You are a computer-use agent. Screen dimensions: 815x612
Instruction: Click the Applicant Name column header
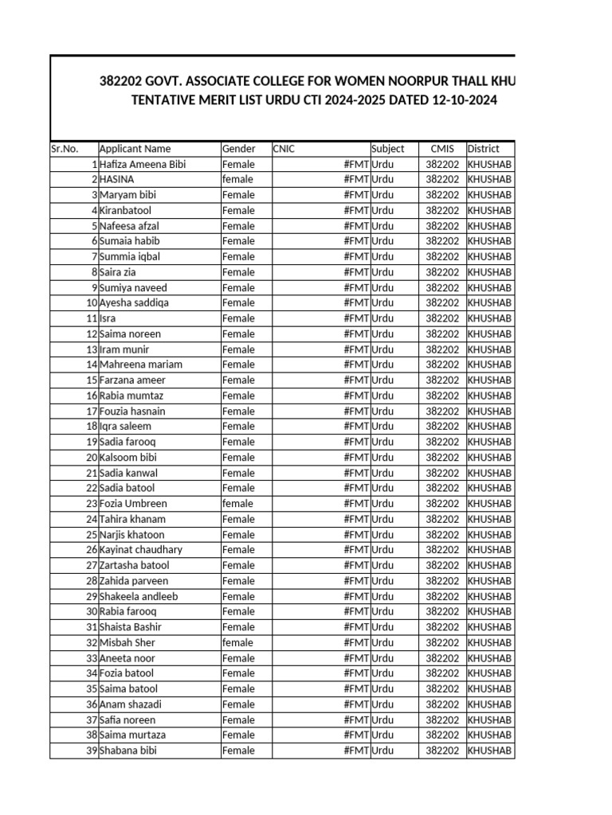click(135, 149)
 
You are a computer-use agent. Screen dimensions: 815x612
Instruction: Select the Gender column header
click(239, 149)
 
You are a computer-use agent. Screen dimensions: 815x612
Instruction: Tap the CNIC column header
click(284, 149)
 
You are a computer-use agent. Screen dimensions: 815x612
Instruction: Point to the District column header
click(484, 149)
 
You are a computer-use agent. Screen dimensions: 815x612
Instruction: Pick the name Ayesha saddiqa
click(134, 303)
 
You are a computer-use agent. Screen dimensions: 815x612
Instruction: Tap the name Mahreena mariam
click(140, 365)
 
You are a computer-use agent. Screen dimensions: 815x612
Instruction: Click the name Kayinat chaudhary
click(140, 550)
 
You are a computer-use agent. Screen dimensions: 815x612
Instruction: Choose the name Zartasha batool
click(134, 566)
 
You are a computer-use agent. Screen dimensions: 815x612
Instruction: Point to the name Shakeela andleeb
click(139, 597)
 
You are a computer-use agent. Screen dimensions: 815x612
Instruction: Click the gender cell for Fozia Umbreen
click(237, 504)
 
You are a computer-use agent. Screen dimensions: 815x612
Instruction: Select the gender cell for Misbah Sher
click(237, 643)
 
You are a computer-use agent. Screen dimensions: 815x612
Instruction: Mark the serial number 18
click(91, 427)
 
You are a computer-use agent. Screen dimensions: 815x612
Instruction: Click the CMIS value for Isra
click(442, 318)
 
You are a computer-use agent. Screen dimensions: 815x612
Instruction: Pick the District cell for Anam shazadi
click(489, 704)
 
